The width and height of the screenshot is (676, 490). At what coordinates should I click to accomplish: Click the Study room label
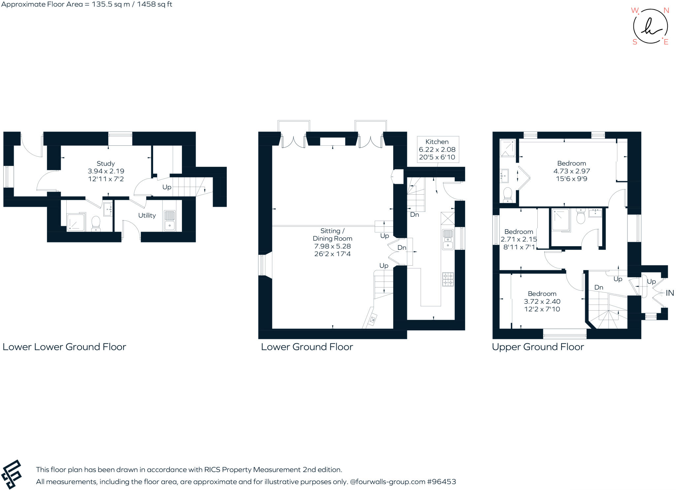(x=106, y=164)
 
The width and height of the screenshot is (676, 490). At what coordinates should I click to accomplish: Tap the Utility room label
(x=147, y=215)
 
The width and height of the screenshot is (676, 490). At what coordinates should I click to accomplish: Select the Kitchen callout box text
(x=437, y=149)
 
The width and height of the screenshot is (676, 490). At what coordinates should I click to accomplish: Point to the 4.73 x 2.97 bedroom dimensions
(x=571, y=171)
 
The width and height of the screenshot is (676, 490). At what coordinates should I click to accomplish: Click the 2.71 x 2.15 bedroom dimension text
(x=519, y=239)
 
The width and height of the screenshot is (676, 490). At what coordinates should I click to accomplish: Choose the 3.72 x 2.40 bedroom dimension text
(x=542, y=301)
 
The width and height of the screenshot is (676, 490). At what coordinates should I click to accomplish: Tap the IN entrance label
(x=670, y=293)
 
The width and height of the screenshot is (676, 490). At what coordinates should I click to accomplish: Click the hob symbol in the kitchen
(x=448, y=279)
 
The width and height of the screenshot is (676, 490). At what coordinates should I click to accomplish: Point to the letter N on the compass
(x=666, y=11)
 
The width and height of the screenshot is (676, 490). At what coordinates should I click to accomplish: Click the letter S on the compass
(x=635, y=42)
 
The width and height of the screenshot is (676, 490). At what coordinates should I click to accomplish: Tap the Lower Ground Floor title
(x=307, y=347)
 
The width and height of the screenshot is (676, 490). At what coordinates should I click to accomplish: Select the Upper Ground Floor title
(x=538, y=347)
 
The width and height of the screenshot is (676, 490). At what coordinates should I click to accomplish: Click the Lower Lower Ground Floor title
(x=64, y=347)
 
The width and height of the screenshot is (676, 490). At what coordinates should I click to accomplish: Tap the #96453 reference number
(x=441, y=482)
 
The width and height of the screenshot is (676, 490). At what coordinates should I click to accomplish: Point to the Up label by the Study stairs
(x=167, y=187)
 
